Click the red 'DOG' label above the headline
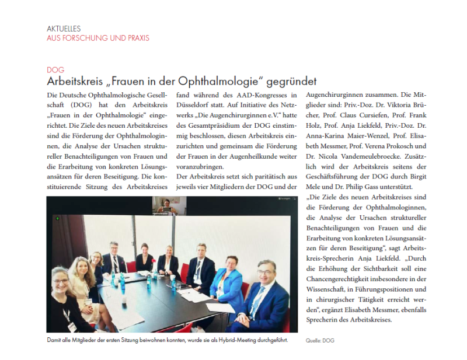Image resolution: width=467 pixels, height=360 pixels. tap(55, 69)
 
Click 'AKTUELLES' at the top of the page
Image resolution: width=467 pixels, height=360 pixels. tap(64, 28)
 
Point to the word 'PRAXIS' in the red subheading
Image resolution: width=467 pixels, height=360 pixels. tap(135, 38)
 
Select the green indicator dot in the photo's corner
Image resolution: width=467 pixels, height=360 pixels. tap(57, 218)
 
